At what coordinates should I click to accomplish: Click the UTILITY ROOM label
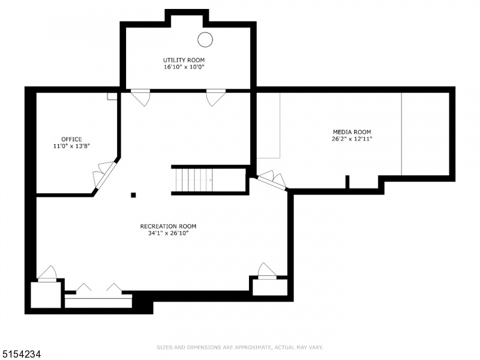pos(184,60)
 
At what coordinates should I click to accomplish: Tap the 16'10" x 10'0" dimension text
pos(184,67)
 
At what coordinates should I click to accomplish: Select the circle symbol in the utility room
pos(205,40)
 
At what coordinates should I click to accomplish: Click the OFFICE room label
pos(71,139)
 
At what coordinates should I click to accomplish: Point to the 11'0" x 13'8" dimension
pos(71,146)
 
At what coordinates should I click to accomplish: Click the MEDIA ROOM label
pos(352,132)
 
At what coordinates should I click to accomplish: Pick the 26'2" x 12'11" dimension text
pos(352,139)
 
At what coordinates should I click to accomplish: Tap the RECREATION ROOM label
pos(168,226)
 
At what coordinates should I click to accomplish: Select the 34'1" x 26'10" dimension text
pos(168,233)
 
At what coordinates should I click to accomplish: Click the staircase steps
pos(194,180)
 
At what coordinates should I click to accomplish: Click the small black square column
pos(133,195)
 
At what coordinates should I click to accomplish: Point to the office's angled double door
pos(104,175)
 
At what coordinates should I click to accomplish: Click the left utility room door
pos(140,98)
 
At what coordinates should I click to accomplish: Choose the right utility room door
pos(216,98)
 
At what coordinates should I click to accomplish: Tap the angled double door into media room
pos(272,181)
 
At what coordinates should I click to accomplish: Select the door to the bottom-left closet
pos(47,274)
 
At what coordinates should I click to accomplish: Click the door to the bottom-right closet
pos(267,271)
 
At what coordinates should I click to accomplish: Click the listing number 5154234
pos(20,354)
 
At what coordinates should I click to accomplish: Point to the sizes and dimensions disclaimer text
pos(239,347)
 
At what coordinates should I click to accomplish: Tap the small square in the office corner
pos(112,96)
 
